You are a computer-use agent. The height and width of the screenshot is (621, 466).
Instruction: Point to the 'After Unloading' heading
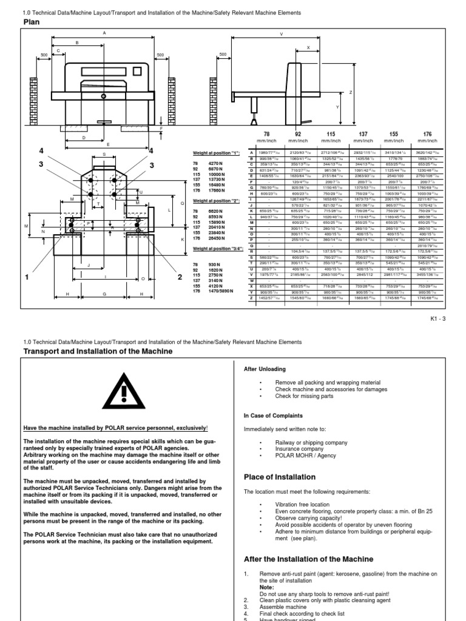[265, 369]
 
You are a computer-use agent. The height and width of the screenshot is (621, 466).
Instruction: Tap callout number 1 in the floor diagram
[27, 277]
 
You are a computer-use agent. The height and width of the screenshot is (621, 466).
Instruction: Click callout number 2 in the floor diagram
[180, 277]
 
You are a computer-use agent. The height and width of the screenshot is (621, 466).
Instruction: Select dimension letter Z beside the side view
[351, 93]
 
